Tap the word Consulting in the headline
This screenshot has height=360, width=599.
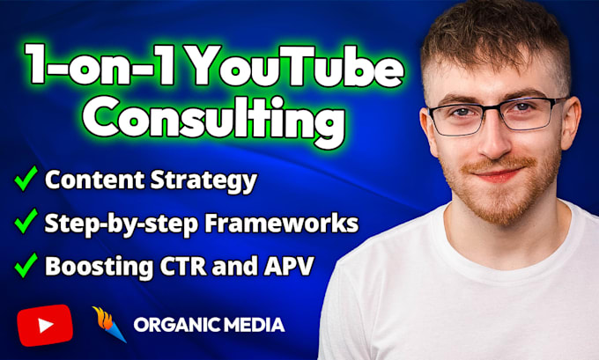point(213,119)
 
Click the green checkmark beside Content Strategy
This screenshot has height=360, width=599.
point(26,178)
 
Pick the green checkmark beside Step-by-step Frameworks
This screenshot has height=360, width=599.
point(26,221)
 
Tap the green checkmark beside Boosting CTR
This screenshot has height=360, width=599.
point(26,265)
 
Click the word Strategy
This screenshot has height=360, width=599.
point(203,180)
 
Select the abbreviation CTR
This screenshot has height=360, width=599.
point(183,266)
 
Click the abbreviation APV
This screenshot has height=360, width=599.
point(289,266)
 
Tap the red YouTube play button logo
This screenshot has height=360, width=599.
point(45,326)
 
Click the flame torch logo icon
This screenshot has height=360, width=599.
point(109,324)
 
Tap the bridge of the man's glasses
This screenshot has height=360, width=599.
point(493,111)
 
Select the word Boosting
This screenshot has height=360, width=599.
point(100,266)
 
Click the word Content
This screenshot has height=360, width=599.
point(95,180)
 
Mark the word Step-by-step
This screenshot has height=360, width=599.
point(122,224)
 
